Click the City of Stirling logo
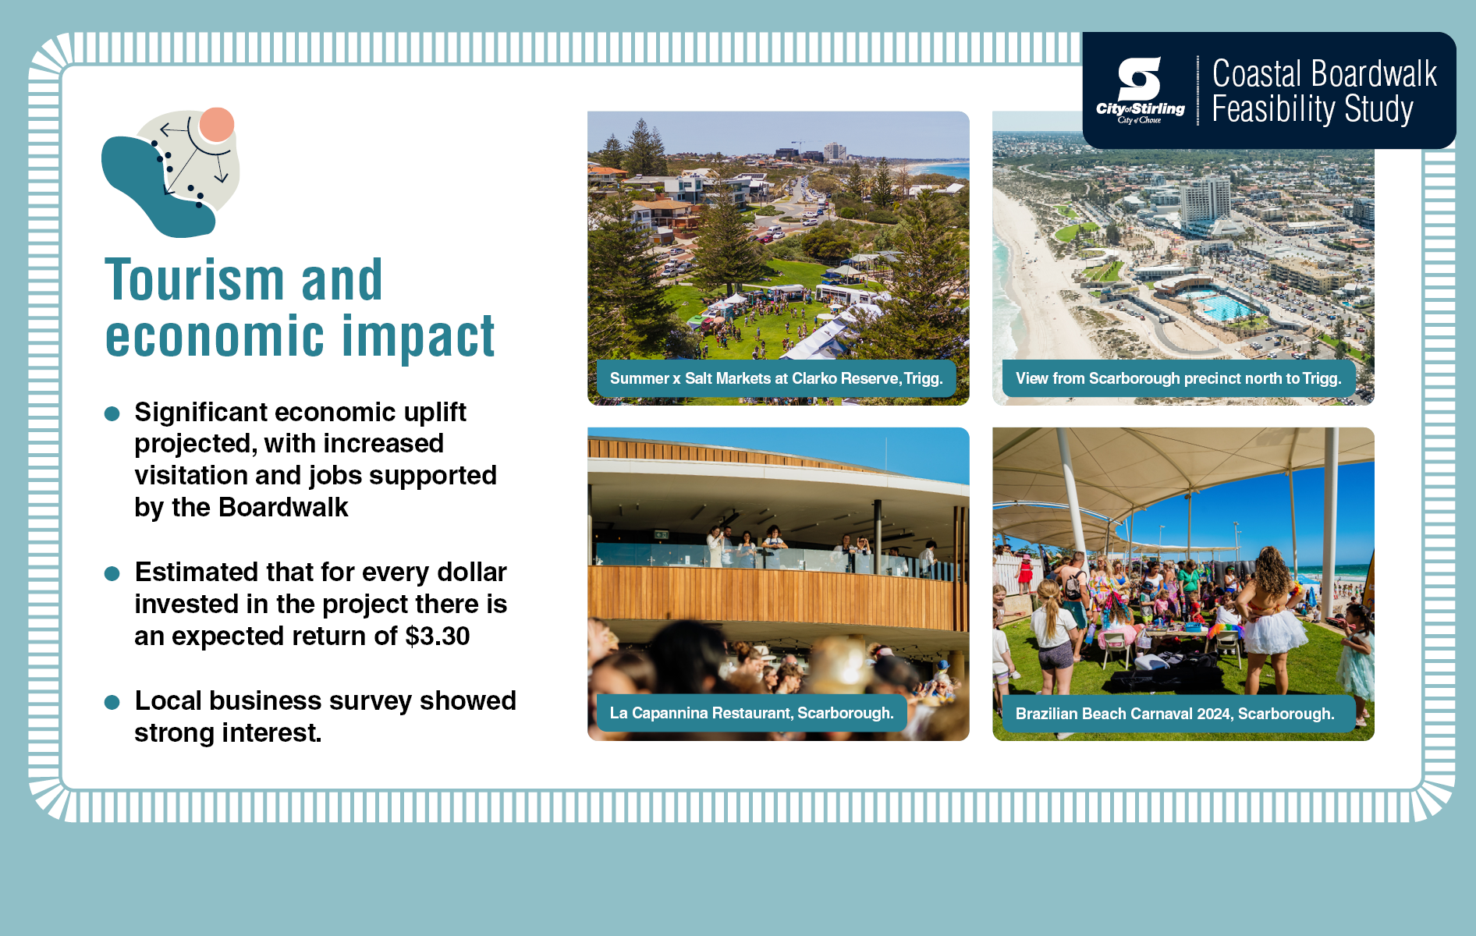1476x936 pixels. [1140, 90]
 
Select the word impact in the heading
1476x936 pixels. [419, 337]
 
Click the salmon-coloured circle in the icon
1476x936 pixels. [217, 125]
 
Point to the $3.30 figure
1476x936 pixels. [438, 636]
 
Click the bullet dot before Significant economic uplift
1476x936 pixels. [112, 413]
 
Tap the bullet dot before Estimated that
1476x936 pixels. [112, 573]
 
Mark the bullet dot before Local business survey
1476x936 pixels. [112, 702]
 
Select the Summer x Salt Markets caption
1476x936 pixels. [776, 378]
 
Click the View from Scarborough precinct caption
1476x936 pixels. [1179, 378]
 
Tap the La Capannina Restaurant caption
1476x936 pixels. [752, 713]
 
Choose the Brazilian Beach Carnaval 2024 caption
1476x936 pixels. [1175, 714]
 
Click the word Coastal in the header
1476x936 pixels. [1257, 74]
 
